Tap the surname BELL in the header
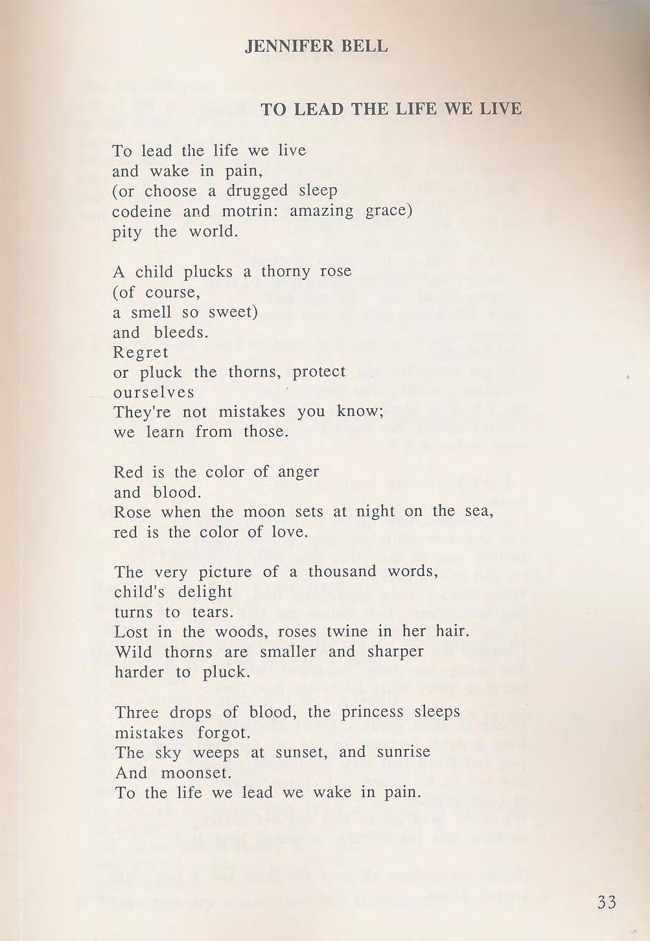click(x=365, y=47)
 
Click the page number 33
click(x=607, y=902)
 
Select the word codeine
click(x=142, y=211)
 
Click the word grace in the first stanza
click(x=389, y=212)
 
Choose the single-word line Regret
click(x=141, y=353)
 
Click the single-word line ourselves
click(x=154, y=392)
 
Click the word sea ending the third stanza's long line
click(x=479, y=512)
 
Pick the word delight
click(x=207, y=592)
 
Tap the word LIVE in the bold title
click(x=500, y=108)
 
